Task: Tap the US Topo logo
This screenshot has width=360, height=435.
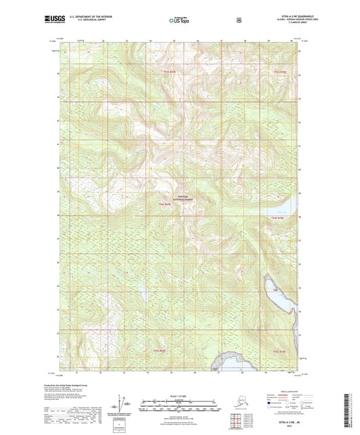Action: click(178, 21)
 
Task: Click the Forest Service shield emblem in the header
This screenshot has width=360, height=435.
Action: click(238, 20)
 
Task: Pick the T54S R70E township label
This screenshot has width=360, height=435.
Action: click(278, 217)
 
